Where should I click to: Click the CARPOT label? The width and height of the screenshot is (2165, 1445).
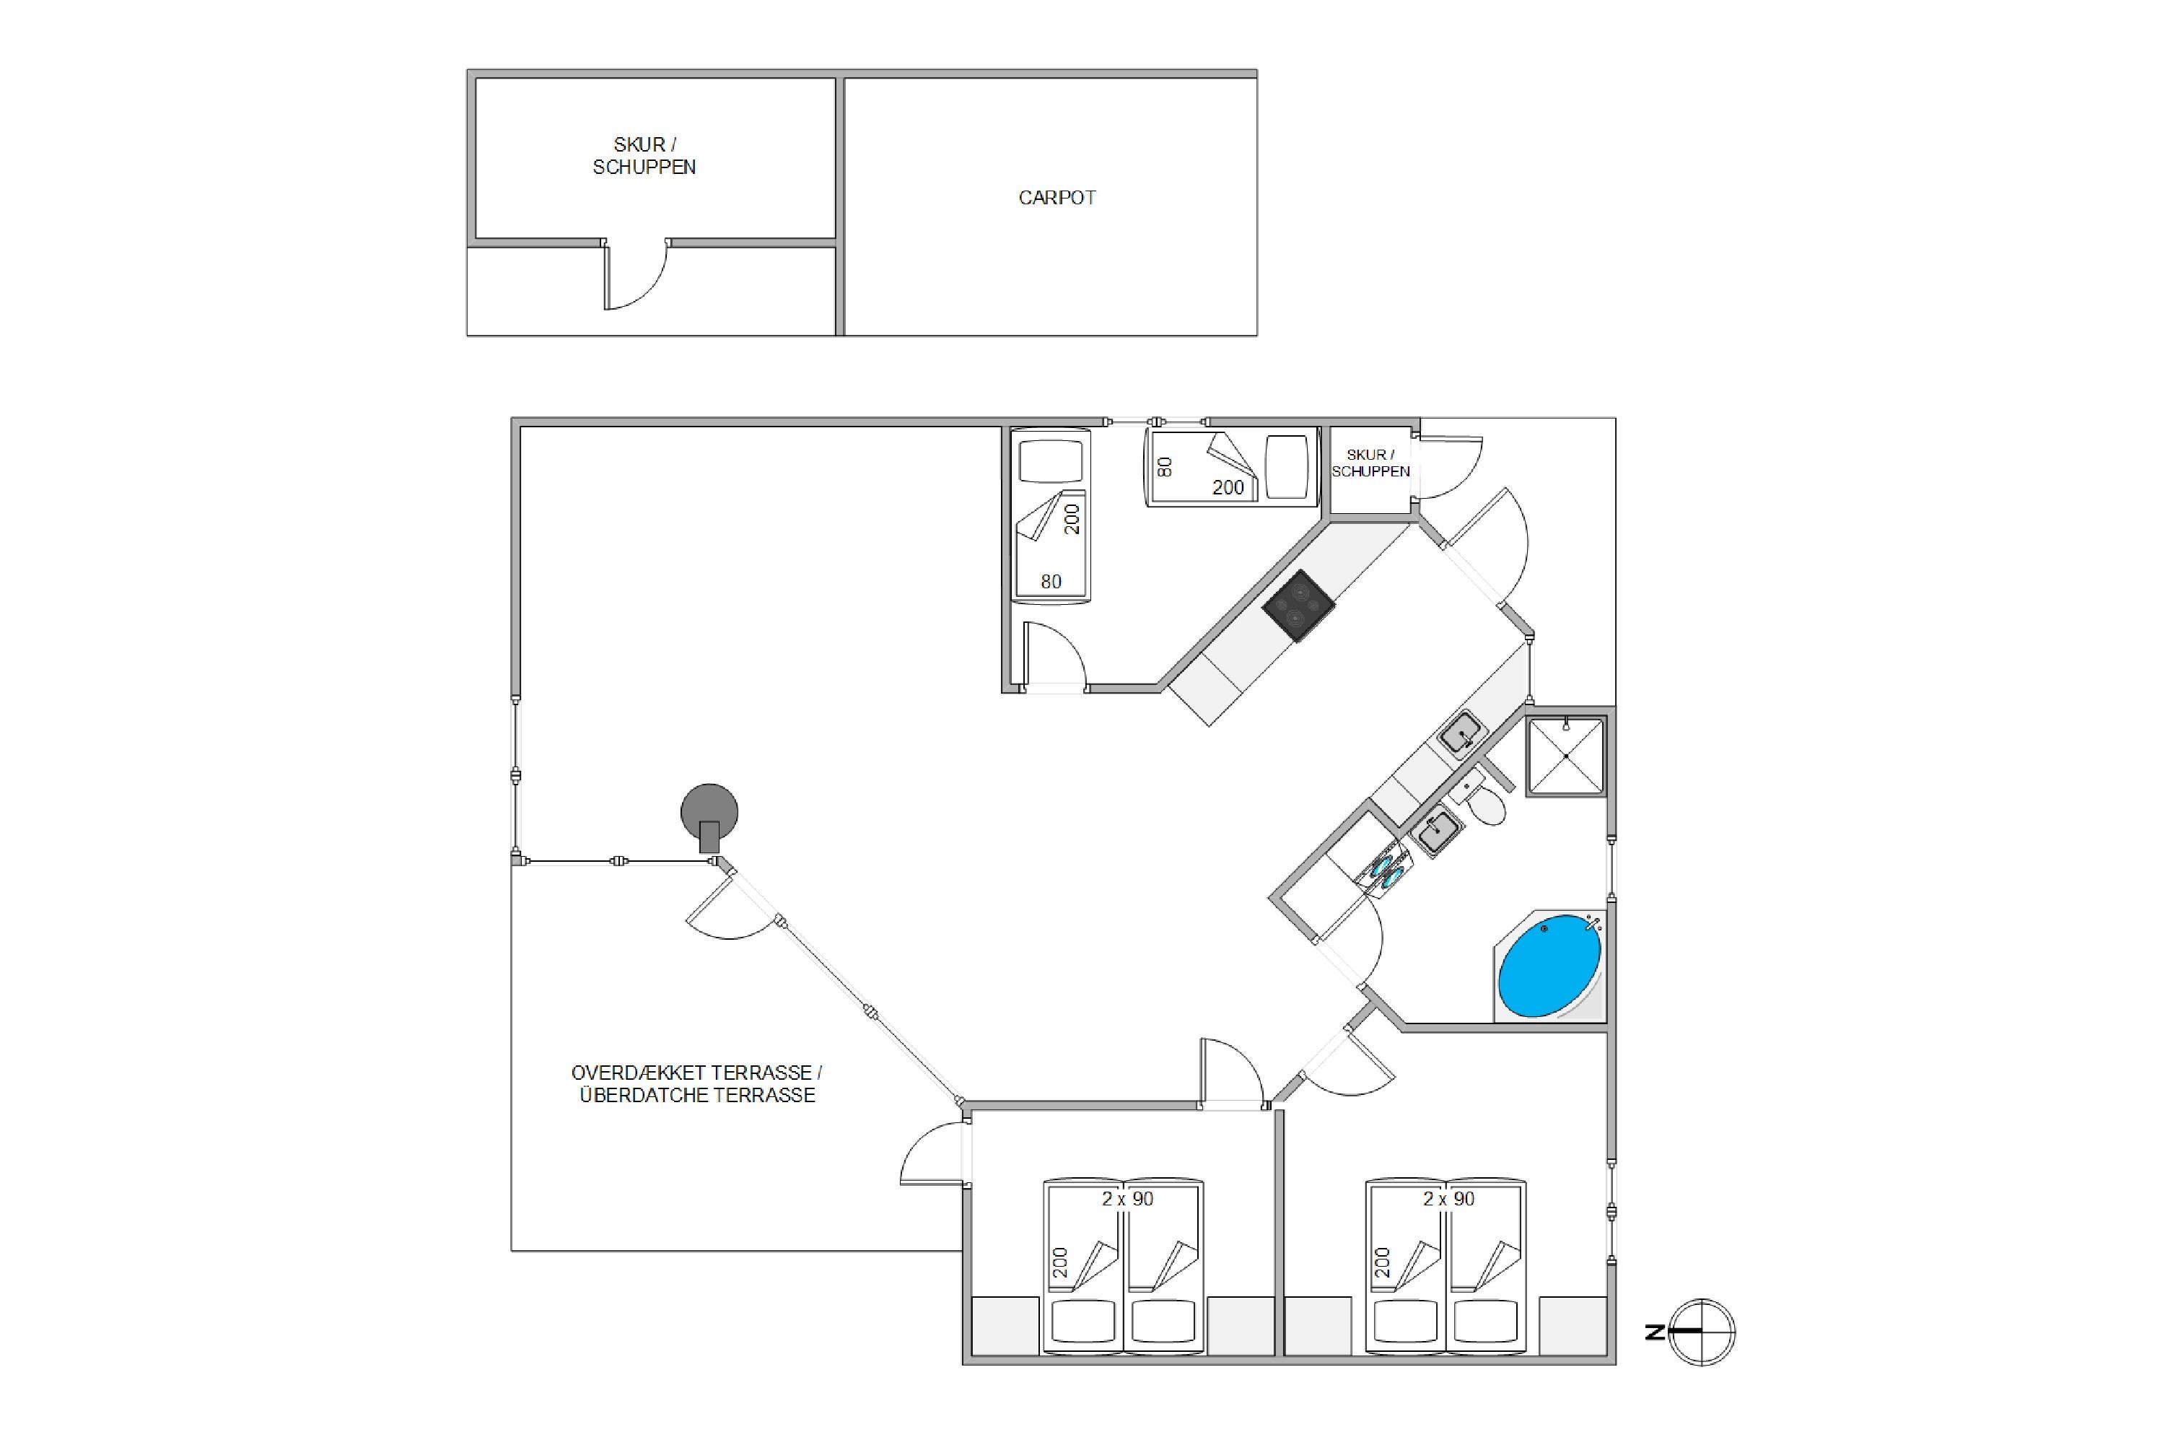[x=1057, y=198]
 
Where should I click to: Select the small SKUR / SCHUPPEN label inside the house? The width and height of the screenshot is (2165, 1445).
[x=1371, y=463]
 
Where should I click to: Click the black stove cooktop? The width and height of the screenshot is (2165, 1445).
[x=1298, y=606]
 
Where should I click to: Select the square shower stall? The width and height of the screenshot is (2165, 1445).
[x=1566, y=756]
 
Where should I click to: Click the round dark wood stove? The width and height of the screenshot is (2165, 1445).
[x=709, y=813]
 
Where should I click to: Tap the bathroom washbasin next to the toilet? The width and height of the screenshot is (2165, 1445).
[x=1436, y=833]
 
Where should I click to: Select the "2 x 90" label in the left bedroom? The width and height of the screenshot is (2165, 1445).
[x=1128, y=1199]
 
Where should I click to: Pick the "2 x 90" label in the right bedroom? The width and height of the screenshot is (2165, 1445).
[x=1448, y=1199]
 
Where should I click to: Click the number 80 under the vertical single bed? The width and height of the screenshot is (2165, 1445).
[x=1051, y=582]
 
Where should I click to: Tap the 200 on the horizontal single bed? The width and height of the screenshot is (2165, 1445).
[x=1228, y=487]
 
